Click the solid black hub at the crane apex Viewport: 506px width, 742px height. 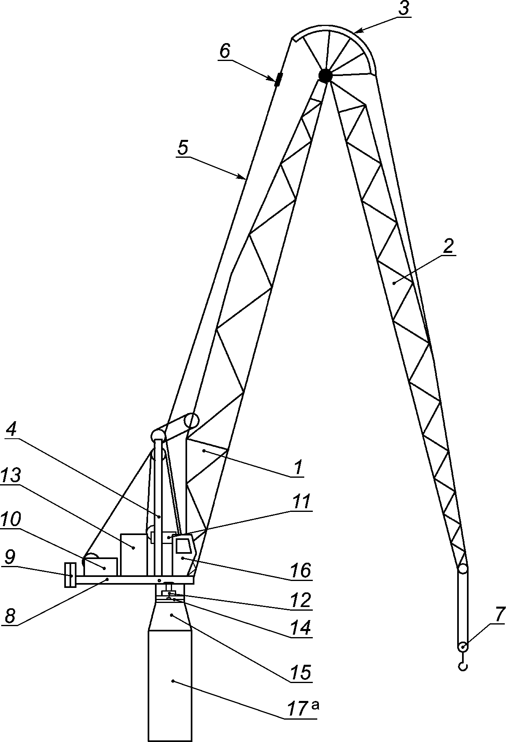click(325, 76)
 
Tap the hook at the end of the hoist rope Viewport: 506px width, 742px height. click(463, 666)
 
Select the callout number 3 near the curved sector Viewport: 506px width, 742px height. click(403, 9)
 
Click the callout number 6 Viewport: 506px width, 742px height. click(225, 52)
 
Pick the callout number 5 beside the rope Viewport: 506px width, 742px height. click(183, 148)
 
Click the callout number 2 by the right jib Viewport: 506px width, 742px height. click(448, 247)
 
